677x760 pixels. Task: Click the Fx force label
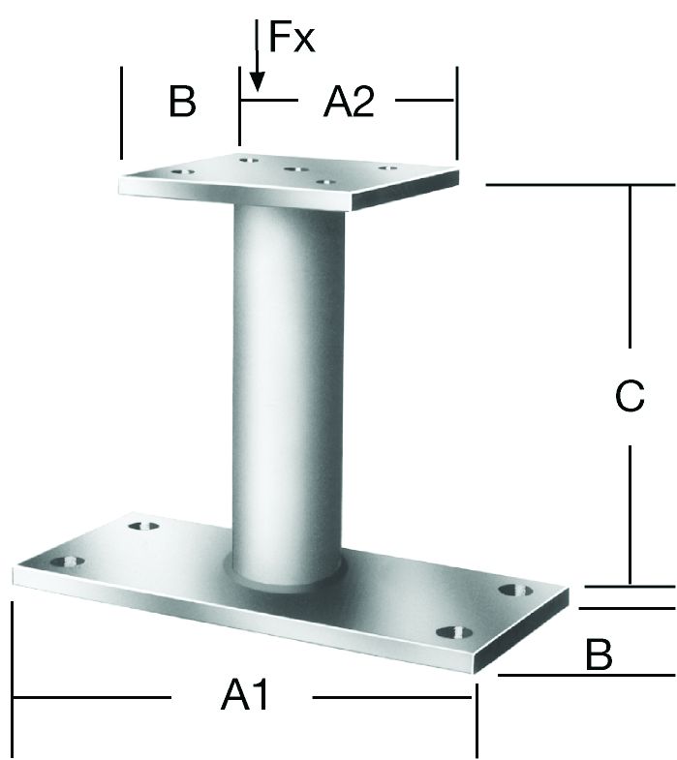tap(292, 37)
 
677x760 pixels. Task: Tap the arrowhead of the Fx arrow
tap(257, 81)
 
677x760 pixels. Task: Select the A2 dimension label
tap(349, 101)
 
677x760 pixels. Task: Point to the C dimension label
tap(630, 396)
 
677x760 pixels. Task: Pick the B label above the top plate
tap(182, 101)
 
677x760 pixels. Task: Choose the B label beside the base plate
tap(599, 654)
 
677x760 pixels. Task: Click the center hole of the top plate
tap(296, 169)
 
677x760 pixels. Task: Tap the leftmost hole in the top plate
tap(183, 172)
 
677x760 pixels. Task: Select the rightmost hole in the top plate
tap(388, 168)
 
